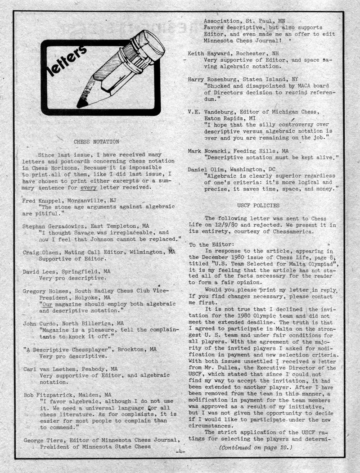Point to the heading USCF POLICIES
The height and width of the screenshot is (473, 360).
[x=265, y=205]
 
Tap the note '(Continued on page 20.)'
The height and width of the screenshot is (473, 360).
[x=256, y=448]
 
